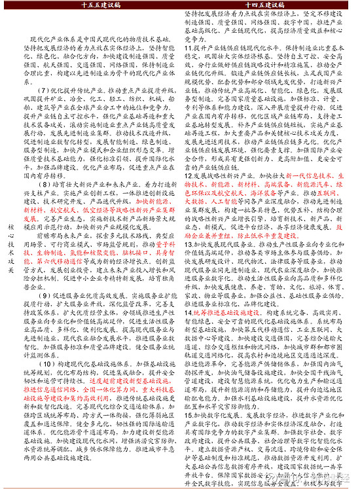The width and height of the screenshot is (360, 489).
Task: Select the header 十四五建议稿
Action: click(266, 5)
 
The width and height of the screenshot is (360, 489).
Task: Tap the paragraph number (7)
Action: click(45, 89)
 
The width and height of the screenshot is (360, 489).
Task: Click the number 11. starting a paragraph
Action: click(188, 49)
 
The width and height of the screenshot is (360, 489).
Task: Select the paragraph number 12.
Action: click(188, 177)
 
